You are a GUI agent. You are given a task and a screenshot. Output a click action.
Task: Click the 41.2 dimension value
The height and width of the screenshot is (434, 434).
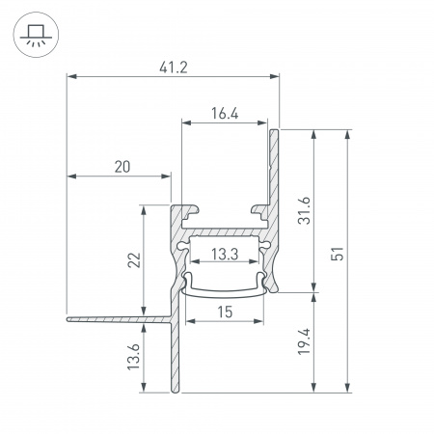click(x=174, y=68)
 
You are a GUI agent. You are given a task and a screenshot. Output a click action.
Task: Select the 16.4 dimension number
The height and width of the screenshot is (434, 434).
click(x=225, y=114)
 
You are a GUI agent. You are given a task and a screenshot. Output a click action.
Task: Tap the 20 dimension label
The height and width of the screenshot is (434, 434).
click(x=122, y=167)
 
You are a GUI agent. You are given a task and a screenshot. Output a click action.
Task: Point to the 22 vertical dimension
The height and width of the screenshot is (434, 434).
click(x=134, y=260)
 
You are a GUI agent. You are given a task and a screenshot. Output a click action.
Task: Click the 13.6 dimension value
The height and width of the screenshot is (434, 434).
click(x=134, y=357)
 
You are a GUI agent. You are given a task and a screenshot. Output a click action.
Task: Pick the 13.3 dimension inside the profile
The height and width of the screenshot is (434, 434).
click(x=225, y=255)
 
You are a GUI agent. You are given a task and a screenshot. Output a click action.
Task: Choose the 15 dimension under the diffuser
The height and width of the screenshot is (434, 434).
click(x=225, y=312)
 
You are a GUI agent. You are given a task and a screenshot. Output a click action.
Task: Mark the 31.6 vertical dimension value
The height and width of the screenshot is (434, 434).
click(x=304, y=210)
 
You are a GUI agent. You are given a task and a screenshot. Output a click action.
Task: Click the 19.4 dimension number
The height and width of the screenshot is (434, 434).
click(x=304, y=341)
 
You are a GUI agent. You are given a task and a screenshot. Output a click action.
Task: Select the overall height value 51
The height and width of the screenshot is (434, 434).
click(x=338, y=254)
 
